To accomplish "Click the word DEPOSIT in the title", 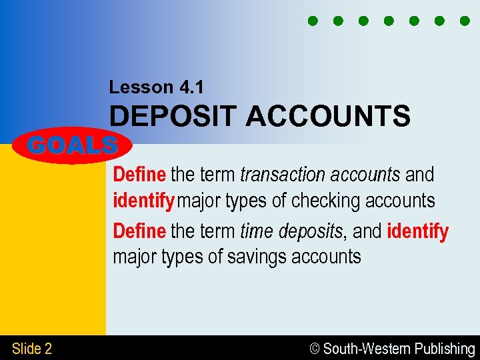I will [x=173, y=117].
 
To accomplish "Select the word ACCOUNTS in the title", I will [x=328, y=117].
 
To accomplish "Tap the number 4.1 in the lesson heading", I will [x=193, y=87].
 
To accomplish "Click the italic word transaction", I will [x=279, y=175].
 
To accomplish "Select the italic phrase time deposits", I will [x=291, y=231].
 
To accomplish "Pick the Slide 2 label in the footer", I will [x=32, y=349].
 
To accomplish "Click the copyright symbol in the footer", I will [x=315, y=349].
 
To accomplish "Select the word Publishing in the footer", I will [x=445, y=349].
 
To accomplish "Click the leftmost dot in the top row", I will [x=312, y=21].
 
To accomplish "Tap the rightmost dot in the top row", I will [x=465, y=21].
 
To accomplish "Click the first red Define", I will [x=139, y=175].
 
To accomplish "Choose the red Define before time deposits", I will [x=139, y=231].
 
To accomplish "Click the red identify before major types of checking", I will [x=143, y=200].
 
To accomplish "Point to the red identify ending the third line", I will [x=417, y=231].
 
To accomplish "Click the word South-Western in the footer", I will [x=367, y=349].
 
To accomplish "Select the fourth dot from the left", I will [x=388, y=21].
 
